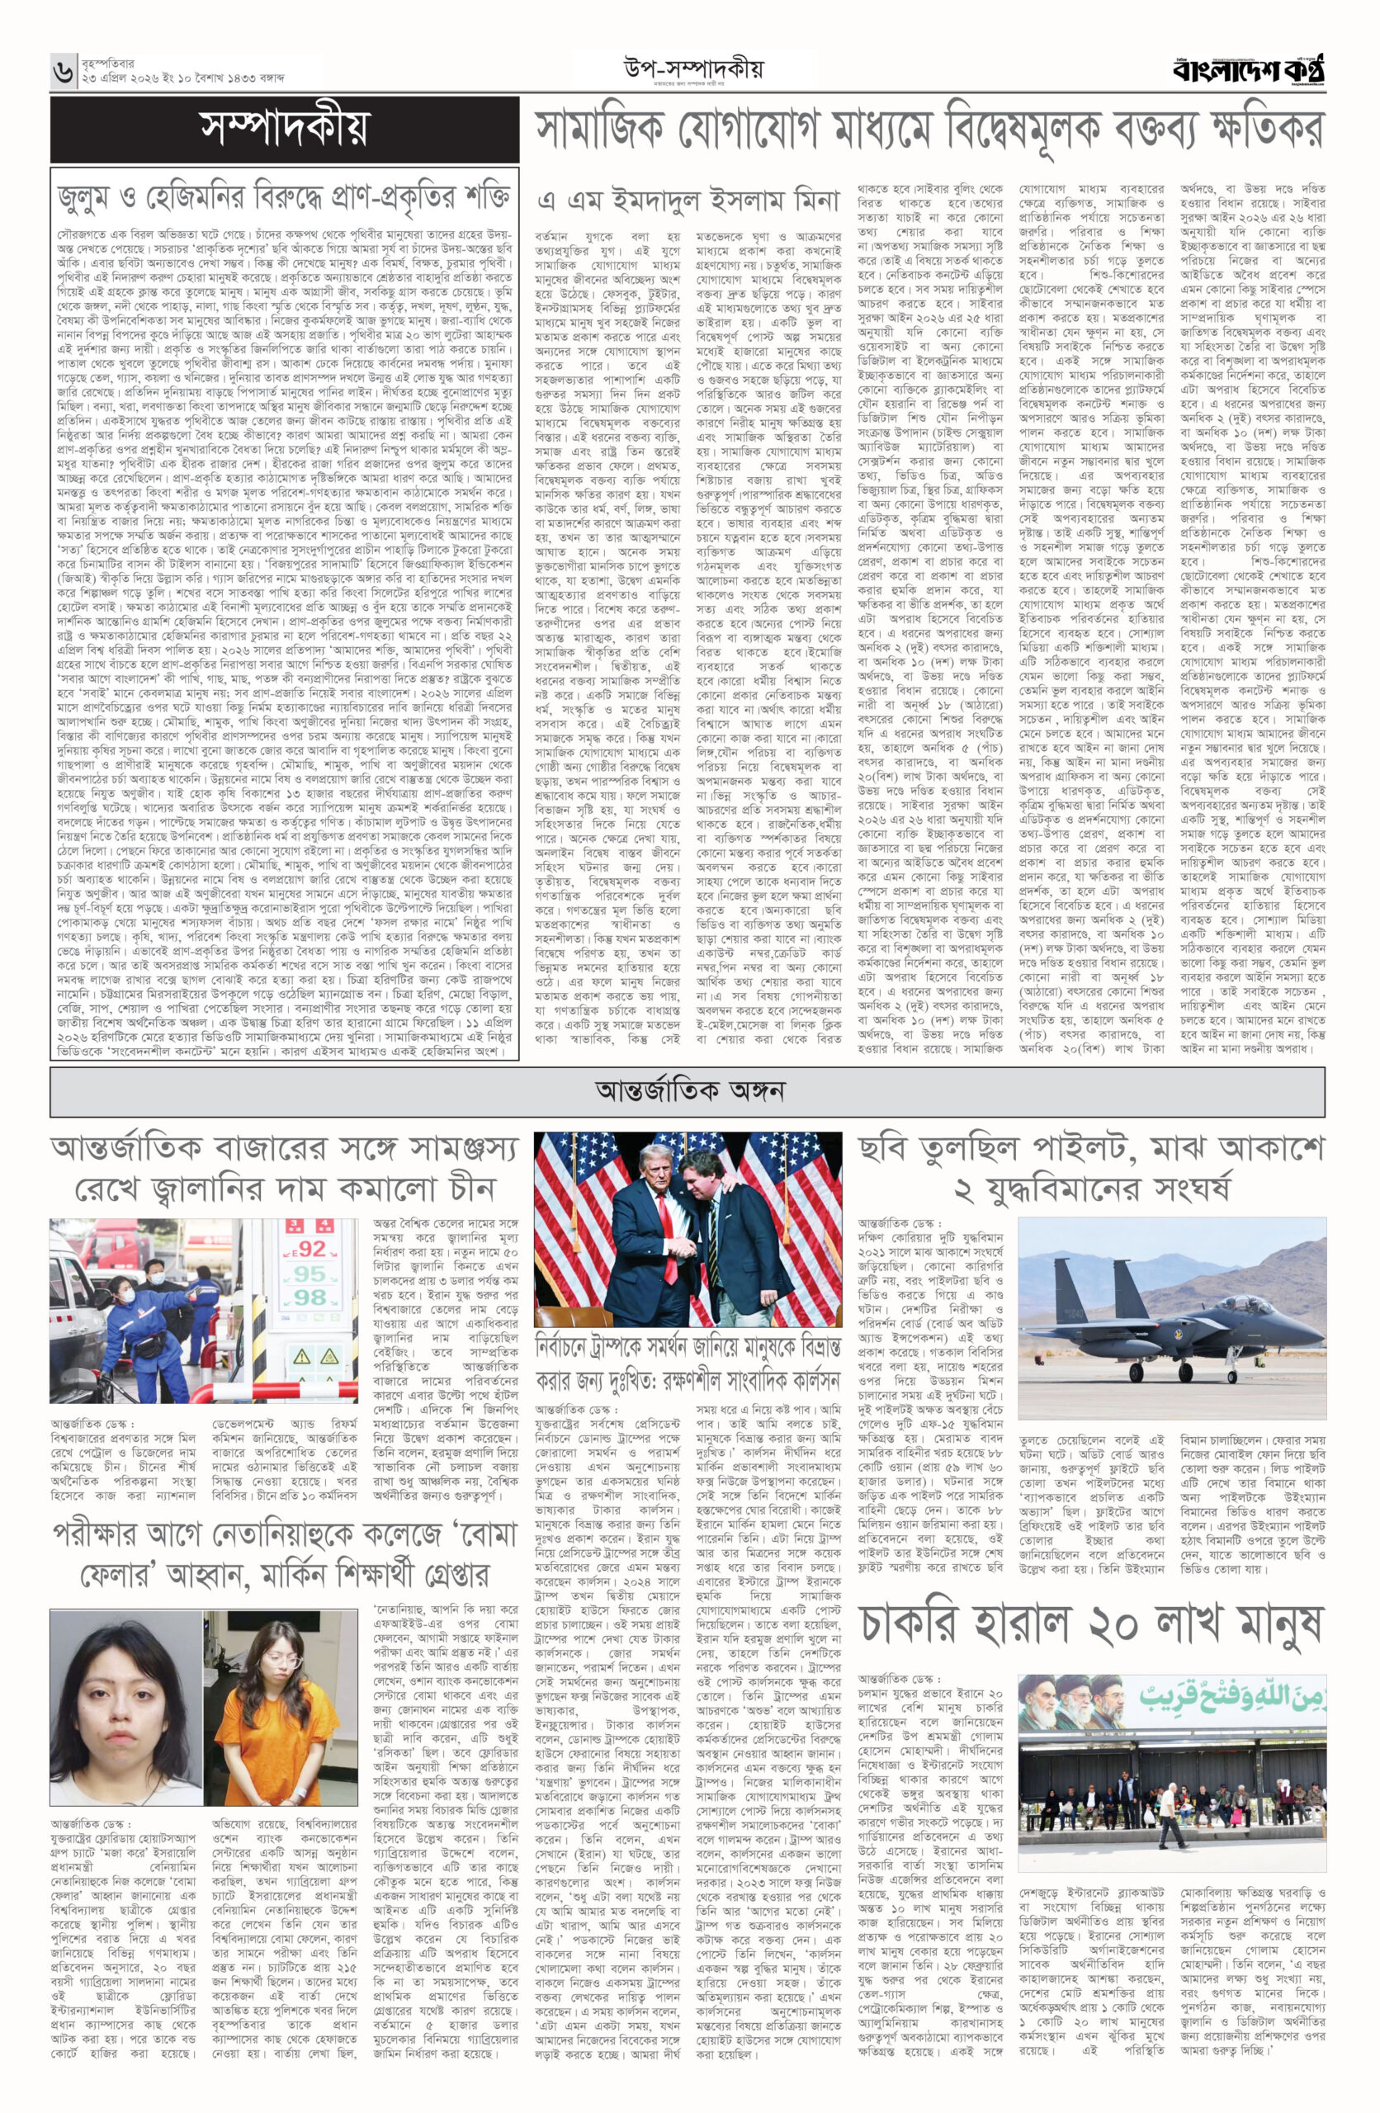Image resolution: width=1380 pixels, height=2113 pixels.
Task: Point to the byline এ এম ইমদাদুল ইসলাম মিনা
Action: click(688, 201)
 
